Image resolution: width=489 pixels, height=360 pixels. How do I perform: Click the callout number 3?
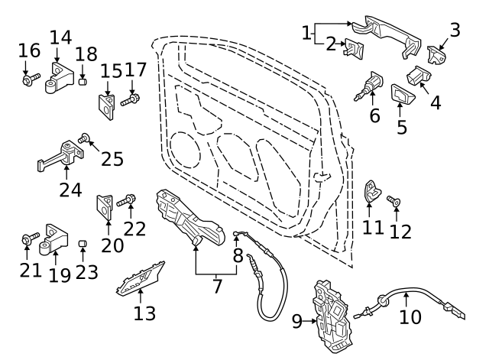tap(455, 30)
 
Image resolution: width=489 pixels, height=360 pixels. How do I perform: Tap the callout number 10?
tap(410, 316)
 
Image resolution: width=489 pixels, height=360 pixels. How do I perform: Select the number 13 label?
tap(144, 313)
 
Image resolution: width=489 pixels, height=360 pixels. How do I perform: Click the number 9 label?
tap(297, 323)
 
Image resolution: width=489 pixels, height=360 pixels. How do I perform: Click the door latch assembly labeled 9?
tap(333, 315)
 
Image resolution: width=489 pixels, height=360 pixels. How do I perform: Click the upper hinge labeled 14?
tap(61, 78)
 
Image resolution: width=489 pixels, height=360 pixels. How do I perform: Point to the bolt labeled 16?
tap(28, 79)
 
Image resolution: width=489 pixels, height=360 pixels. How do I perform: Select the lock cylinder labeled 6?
tap(372, 84)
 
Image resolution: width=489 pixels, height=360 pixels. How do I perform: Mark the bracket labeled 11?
tap(372, 192)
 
